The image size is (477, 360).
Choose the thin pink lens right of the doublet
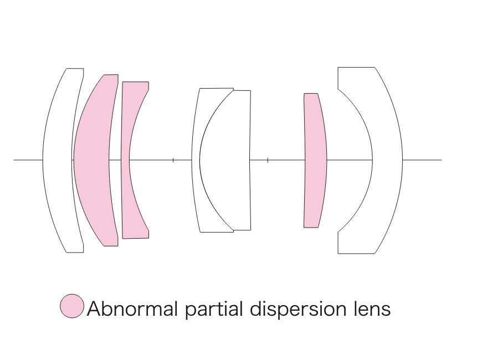[x=315, y=160]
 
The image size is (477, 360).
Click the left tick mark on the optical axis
[x=173, y=160]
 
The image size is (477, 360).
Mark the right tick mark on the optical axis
[x=268, y=160]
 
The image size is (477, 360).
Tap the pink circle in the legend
[x=72, y=306]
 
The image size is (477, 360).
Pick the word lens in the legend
[x=372, y=308]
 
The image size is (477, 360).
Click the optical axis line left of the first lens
[x=28, y=160]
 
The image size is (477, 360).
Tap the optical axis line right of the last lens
[x=422, y=160]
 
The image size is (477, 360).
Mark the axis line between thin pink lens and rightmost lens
[x=350, y=160]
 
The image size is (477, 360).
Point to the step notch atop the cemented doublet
[x=233, y=90]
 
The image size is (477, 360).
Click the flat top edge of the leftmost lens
[x=75, y=69]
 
